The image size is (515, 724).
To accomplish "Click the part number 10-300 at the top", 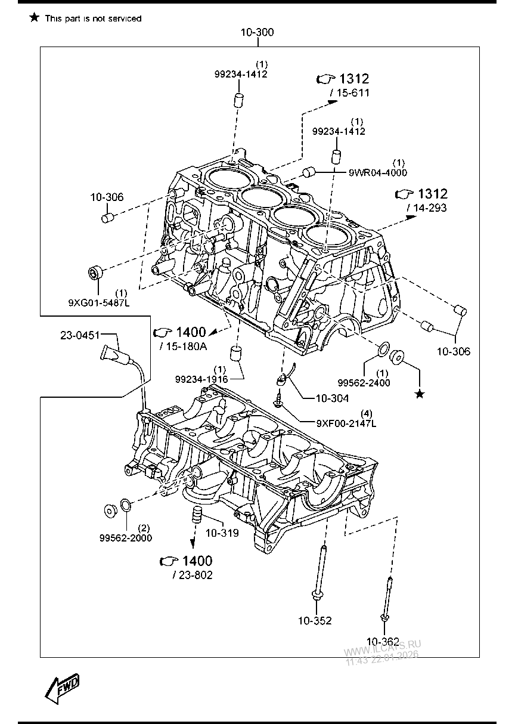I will [x=257, y=32].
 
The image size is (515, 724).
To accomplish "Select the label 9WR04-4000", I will [x=378, y=172].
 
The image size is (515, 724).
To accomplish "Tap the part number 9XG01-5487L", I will [x=99, y=302].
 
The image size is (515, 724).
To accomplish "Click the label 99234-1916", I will [x=201, y=379].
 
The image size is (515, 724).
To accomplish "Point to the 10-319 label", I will [x=222, y=533].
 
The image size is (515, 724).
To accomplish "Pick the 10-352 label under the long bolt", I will [x=315, y=620].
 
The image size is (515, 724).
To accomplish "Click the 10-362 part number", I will [x=383, y=641].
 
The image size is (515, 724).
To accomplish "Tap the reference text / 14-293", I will [x=426, y=208].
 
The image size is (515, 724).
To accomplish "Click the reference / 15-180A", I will [x=182, y=346].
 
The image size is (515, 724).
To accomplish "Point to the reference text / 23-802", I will [x=192, y=575].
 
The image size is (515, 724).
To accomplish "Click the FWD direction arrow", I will [x=62, y=686].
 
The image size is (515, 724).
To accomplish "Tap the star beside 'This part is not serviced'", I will [x=34, y=18].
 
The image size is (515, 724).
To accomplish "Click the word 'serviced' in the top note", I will [x=125, y=18].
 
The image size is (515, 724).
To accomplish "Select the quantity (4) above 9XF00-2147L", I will [x=367, y=413].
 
